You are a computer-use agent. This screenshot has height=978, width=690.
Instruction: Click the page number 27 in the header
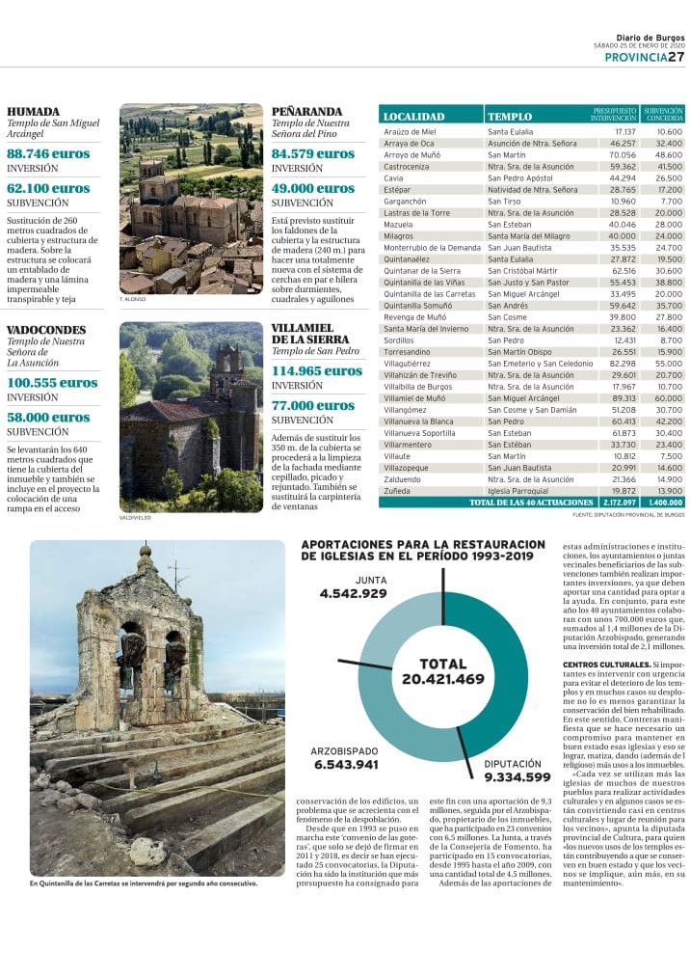coord(677,57)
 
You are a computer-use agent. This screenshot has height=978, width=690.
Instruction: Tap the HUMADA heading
coord(33,111)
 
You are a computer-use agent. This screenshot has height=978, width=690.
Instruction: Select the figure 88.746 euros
coord(48,153)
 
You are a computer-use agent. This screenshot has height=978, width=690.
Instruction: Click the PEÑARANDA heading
coord(306,111)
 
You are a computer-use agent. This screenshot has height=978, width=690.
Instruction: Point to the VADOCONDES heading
coord(46,330)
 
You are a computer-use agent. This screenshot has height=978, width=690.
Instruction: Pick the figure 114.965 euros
coord(317,370)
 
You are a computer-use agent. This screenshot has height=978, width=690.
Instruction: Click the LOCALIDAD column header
coord(413,117)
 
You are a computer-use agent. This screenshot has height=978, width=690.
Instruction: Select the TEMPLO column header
coord(510,117)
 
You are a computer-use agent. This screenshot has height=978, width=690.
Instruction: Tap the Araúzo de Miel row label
coord(410,131)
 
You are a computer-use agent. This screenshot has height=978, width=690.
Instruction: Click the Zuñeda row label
coord(397,491)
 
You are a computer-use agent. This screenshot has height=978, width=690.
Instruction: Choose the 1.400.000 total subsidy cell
coord(665,503)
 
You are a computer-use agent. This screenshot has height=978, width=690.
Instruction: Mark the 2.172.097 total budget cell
coord(618,503)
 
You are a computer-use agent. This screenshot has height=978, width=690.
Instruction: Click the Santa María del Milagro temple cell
coord(528,236)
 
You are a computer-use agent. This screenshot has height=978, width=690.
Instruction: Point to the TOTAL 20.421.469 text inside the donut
coord(443,672)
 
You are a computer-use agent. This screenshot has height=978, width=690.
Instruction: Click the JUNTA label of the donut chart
coord(344,580)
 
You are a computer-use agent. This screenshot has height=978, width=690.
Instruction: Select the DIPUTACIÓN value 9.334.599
coord(517,777)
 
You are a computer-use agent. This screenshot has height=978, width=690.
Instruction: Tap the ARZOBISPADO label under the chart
coord(344,751)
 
